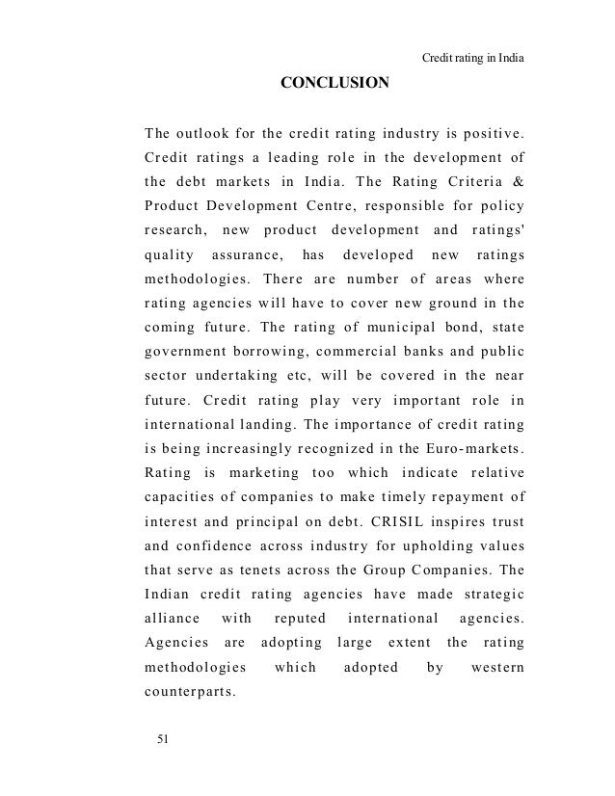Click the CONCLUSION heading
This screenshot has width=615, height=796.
pos(334,83)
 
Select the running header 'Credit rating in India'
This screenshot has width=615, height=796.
pos(474,57)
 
